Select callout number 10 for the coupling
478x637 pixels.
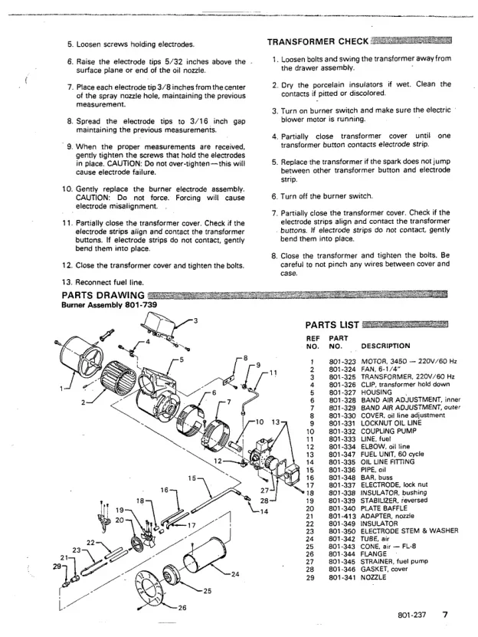coord(258,422)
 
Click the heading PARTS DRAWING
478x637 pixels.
coord(103,294)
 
